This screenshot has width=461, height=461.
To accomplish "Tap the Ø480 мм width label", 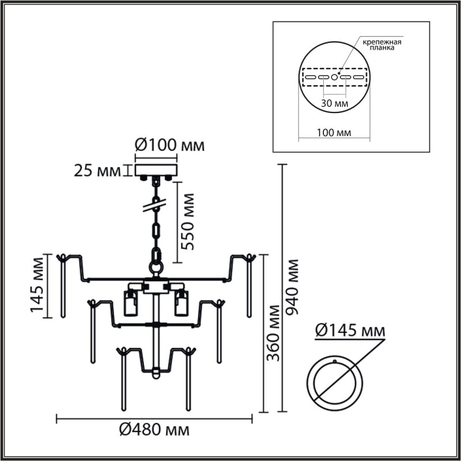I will click(x=154, y=430).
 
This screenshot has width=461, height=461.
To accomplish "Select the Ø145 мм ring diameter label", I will click(x=350, y=331).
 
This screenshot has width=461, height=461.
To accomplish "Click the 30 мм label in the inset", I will click(x=334, y=104).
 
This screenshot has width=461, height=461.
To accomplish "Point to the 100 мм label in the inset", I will click(x=334, y=133).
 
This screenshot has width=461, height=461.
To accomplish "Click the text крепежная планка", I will click(x=382, y=46).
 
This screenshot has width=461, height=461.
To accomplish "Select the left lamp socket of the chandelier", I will click(x=131, y=303).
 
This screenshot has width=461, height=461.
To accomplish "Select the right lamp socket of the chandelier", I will click(x=182, y=303).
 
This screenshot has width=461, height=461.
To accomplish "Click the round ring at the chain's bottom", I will click(x=156, y=267).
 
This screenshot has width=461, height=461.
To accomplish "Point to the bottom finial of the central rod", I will click(x=155, y=375).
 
